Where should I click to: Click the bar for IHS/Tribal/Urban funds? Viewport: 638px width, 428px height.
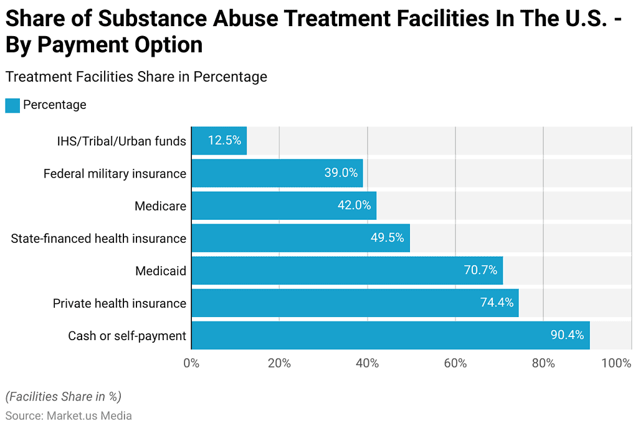point(219,141)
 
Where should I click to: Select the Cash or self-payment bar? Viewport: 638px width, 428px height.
point(390,335)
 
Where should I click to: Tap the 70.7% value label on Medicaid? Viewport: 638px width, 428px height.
point(480,270)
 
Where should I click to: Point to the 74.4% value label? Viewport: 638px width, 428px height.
point(497,303)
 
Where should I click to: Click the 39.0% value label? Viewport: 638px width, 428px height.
point(341,173)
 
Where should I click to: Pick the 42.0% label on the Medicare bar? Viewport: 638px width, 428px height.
point(354,206)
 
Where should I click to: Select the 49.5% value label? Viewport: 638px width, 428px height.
point(388,238)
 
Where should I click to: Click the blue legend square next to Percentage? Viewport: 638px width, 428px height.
point(12,105)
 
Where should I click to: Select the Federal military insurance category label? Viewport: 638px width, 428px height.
point(115,174)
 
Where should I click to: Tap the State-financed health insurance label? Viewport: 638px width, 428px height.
point(98,239)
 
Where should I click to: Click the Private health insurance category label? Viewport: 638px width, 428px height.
point(119,303)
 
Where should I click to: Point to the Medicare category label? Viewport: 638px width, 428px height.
point(160,206)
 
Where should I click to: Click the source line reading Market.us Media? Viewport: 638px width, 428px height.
point(69,415)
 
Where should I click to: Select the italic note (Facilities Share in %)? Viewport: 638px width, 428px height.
point(63,396)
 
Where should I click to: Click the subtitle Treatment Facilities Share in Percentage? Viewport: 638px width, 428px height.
point(136,77)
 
